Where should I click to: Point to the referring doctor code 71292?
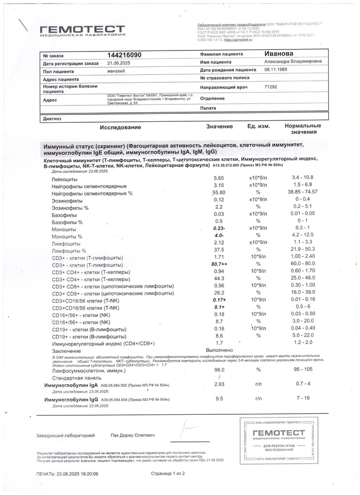pos(271,87)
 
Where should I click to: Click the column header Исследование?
pos(120,127)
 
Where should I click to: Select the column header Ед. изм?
pos(258,127)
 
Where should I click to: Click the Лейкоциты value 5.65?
pos(218,178)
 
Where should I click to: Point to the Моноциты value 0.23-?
pos(219,229)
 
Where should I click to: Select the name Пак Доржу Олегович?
pos(133,435)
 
